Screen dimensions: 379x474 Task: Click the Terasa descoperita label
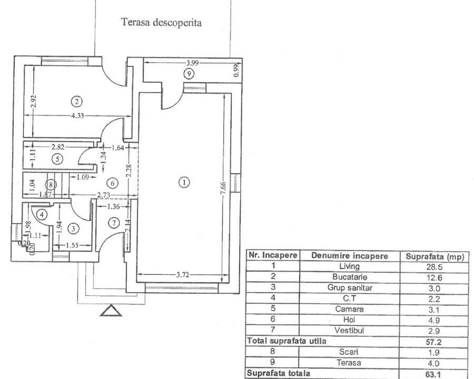162,23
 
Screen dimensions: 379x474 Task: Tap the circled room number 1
184,182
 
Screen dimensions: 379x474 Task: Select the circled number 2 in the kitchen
77,101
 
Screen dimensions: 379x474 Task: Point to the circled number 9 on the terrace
189,74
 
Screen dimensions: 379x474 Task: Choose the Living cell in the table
350,266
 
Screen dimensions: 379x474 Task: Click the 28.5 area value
432,266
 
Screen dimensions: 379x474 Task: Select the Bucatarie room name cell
350,277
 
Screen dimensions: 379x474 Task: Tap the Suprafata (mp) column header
432,256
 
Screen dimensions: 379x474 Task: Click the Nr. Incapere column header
272,256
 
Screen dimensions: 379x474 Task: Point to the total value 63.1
432,374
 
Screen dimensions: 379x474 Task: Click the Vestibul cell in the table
350,330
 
